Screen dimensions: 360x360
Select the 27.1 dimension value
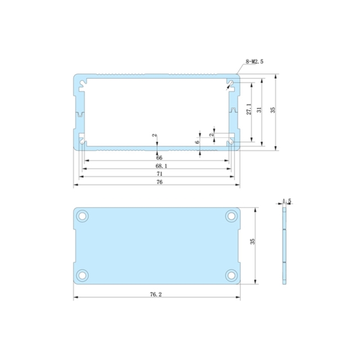pyautogui.click(x=249, y=109)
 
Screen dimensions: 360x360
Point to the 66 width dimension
pyautogui.click(x=159, y=158)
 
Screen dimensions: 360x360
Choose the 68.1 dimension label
pyautogui.click(x=160, y=166)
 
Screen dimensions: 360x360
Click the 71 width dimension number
pyautogui.click(x=160, y=174)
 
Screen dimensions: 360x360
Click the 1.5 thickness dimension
pyautogui.click(x=287, y=200)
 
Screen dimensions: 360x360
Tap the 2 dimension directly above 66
pyautogui.click(x=156, y=136)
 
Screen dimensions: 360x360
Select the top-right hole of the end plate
pyautogui.click(x=231, y=216)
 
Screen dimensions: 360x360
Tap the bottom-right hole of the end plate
pyautogui.click(x=231, y=274)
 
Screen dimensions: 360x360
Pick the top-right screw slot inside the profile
pyautogui.click(x=231, y=85)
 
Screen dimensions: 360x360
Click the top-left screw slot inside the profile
pyautogui.click(x=83, y=85)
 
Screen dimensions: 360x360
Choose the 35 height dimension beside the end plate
pyautogui.click(x=253, y=240)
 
